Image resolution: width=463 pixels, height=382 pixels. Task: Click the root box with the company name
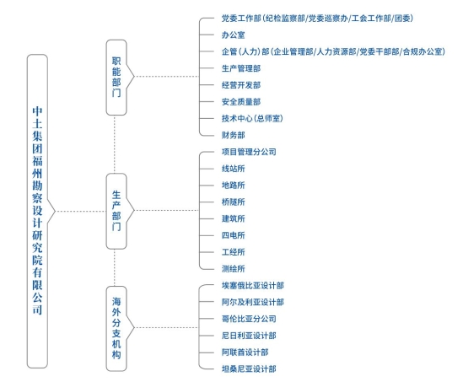click(37, 211)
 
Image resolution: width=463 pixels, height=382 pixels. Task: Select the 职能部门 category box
click(116, 78)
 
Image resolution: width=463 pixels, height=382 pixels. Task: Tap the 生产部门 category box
click(116, 211)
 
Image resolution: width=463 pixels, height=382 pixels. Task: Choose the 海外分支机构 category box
click(116, 328)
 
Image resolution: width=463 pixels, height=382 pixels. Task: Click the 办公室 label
click(234, 35)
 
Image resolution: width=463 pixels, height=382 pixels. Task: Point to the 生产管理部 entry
click(241, 68)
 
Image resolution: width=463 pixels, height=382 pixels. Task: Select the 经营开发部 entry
click(241, 85)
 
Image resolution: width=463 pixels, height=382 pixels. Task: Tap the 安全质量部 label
click(241, 102)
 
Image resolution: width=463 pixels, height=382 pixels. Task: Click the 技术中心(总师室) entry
click(252, 118)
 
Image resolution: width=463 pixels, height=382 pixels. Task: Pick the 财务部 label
click(234, 135)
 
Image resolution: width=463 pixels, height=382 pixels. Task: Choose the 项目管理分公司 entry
click(249, 152)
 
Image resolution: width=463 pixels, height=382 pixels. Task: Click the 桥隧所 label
click(234, 202)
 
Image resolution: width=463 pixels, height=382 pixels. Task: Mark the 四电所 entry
click(234, 235)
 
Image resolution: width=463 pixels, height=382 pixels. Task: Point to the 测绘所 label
click(234, 269)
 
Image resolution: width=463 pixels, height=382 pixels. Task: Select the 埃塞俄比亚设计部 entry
click(253, 286)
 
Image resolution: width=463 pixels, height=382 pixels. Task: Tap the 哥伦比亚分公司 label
click(249, 319)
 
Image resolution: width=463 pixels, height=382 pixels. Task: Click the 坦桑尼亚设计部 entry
click(249, 369)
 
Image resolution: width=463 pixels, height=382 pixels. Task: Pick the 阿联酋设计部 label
click(245, 352)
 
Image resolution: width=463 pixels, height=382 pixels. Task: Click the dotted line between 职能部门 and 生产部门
click(115, 144)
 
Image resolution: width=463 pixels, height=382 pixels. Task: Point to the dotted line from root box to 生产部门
click(81, 211)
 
